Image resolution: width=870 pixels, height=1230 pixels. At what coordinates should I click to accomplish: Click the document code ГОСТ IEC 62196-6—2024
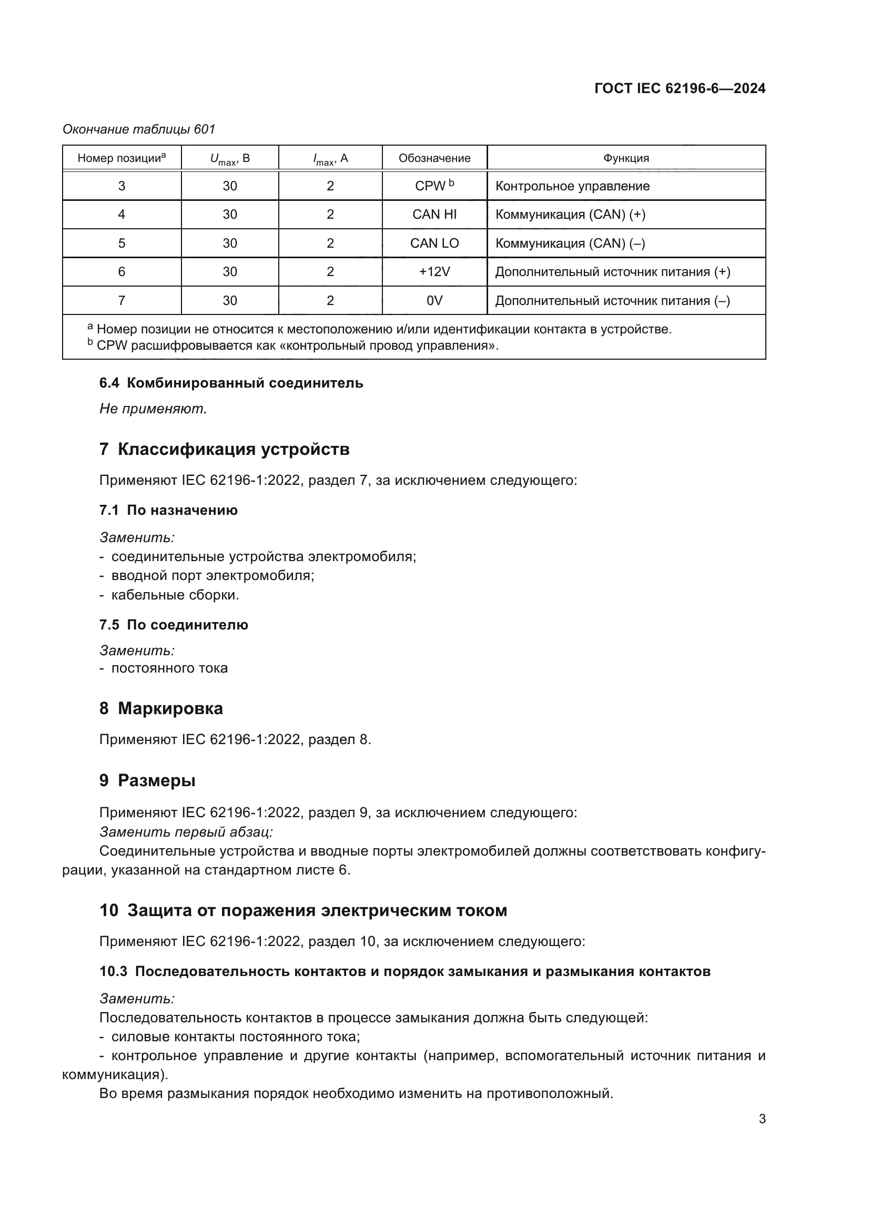[x=679, y=88]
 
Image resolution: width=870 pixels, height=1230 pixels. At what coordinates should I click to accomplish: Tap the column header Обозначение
[x=434, y=158]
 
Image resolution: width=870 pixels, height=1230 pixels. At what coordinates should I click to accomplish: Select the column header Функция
[x=626, y=158]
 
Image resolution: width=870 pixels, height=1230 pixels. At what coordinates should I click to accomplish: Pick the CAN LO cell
[x=434, y=243]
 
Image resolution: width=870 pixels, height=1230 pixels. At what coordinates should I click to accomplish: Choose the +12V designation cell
[x=434, y=271]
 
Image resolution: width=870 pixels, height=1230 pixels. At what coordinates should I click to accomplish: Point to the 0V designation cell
[x=434, y=301]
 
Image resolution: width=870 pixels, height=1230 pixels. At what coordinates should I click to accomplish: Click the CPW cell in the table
[x=434, y=186]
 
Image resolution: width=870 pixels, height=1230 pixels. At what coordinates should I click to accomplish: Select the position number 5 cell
[x=122, y=243]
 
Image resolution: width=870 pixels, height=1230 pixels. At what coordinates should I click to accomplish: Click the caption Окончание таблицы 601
[x=139, y=129]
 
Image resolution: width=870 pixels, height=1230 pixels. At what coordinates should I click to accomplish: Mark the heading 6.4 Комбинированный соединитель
[x=231, y=383]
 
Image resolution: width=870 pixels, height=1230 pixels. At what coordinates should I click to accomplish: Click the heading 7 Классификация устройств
[x=224, y=449]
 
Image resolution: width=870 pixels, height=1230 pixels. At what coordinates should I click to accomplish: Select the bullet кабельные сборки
[x=175, y=595]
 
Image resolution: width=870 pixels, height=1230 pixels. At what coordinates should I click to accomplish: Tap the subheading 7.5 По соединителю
[x=174, y=625]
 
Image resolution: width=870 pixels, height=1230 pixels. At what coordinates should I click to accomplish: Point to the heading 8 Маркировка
[x=161, y=708]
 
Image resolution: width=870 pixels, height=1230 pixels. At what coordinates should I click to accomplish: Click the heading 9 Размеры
[x=147, y=780]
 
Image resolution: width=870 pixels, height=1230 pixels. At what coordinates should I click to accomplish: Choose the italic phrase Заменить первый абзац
[x=186, y=831]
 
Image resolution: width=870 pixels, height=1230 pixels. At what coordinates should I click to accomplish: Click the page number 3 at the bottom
[x=762, y=1119]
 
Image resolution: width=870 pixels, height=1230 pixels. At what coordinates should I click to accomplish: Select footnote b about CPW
[x=292, y=345]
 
